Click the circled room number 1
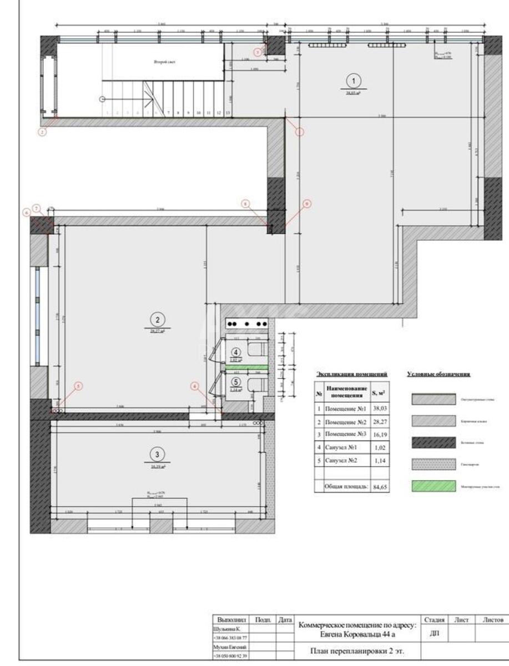coord(354,80)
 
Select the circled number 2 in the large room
coord(158,319)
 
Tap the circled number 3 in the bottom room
coord(158,455)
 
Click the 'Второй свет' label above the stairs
coord(164,62)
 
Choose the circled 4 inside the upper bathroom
coord(236,352)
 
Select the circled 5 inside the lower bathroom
coord(236,382)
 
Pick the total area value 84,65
coord(380,487)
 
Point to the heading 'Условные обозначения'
coord(439,375)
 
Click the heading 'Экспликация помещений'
coord(351,375)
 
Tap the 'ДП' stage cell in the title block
coord(435,634)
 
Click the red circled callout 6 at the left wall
coord(26,212)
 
